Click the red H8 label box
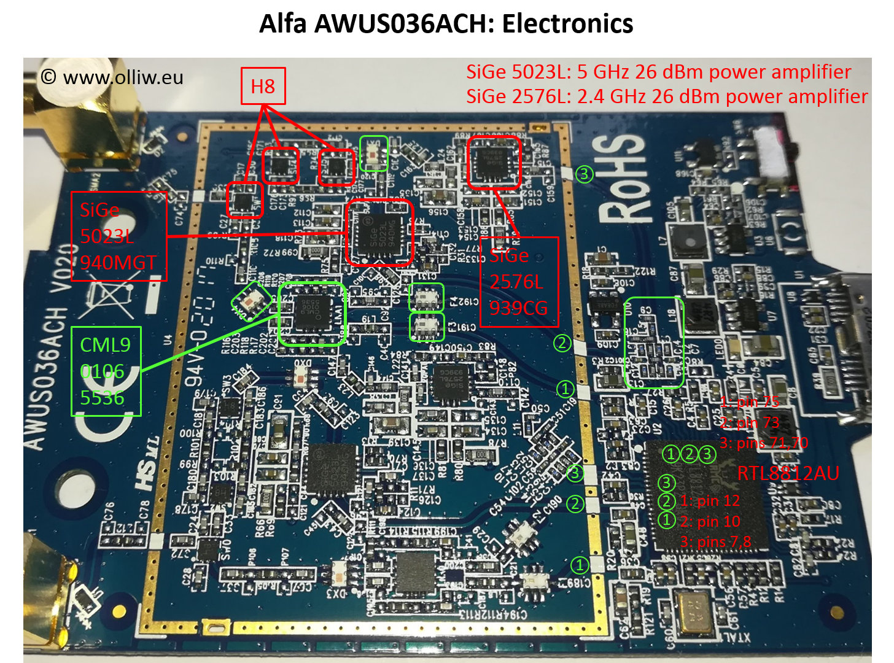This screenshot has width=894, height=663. tap(263, 86)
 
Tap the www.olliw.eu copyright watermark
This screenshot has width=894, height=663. tap(112, 77)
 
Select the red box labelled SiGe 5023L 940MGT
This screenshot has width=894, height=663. tap(119, 236)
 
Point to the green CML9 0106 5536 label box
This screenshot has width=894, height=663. tap(106, 371)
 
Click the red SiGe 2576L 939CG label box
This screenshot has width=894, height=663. tap(518, 282)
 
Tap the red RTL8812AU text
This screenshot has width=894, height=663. tap(788, 473)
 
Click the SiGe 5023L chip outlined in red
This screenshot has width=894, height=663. tap(379, 233)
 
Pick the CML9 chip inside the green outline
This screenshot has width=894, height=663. tap(312, 313)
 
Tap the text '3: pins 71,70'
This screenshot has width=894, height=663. tap(764, 443)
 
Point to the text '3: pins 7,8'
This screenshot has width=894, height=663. tap(715, 542)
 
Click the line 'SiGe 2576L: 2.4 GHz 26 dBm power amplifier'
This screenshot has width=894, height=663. tap(666, 96)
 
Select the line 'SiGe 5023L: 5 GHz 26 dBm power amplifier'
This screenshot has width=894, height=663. tap(658, 72)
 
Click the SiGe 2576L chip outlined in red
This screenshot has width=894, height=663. tap(494, 161)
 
